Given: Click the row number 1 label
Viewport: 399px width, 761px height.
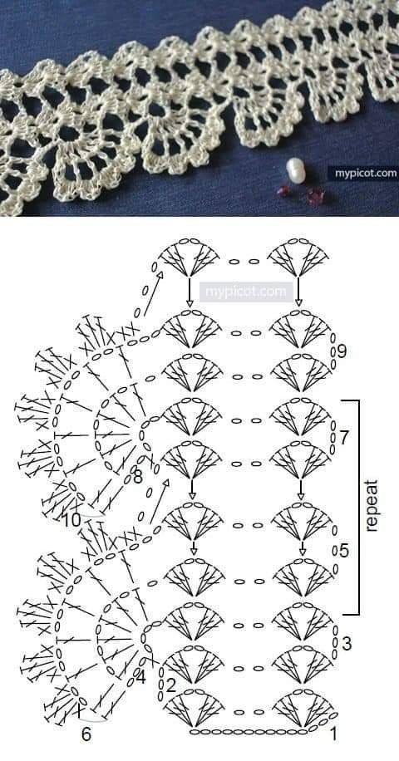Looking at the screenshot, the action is (333, 734).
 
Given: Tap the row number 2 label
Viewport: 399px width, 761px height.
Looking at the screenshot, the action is (170, 685).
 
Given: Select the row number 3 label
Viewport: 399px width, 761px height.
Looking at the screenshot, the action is (347, 644).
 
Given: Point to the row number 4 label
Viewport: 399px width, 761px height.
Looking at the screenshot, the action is (140, 678).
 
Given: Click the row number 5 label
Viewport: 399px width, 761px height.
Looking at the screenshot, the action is (343, 552).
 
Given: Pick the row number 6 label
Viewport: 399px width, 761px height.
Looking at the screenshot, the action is (86, 734).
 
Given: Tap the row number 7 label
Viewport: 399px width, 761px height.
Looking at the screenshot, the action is (343, 438).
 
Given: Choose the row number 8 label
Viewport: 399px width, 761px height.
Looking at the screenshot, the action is (138, 477).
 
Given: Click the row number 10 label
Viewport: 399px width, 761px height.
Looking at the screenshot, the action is (71, 520).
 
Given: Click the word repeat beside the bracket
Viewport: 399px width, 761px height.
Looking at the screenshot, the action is (372, 506).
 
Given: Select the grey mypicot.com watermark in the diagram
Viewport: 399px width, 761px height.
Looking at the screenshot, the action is (246, 292).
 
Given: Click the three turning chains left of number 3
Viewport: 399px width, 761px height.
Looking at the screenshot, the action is (335, 642).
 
